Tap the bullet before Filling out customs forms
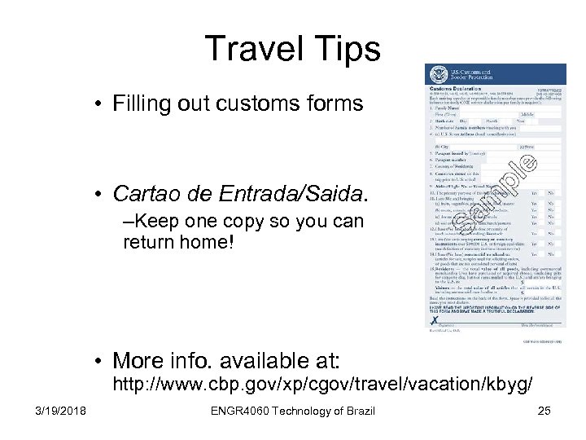(97, 103)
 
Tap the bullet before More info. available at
(97, 360)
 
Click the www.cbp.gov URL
(322, 382)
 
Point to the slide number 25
(544, 410)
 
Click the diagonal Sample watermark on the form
(496, 191)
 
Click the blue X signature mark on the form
(435, 320)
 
